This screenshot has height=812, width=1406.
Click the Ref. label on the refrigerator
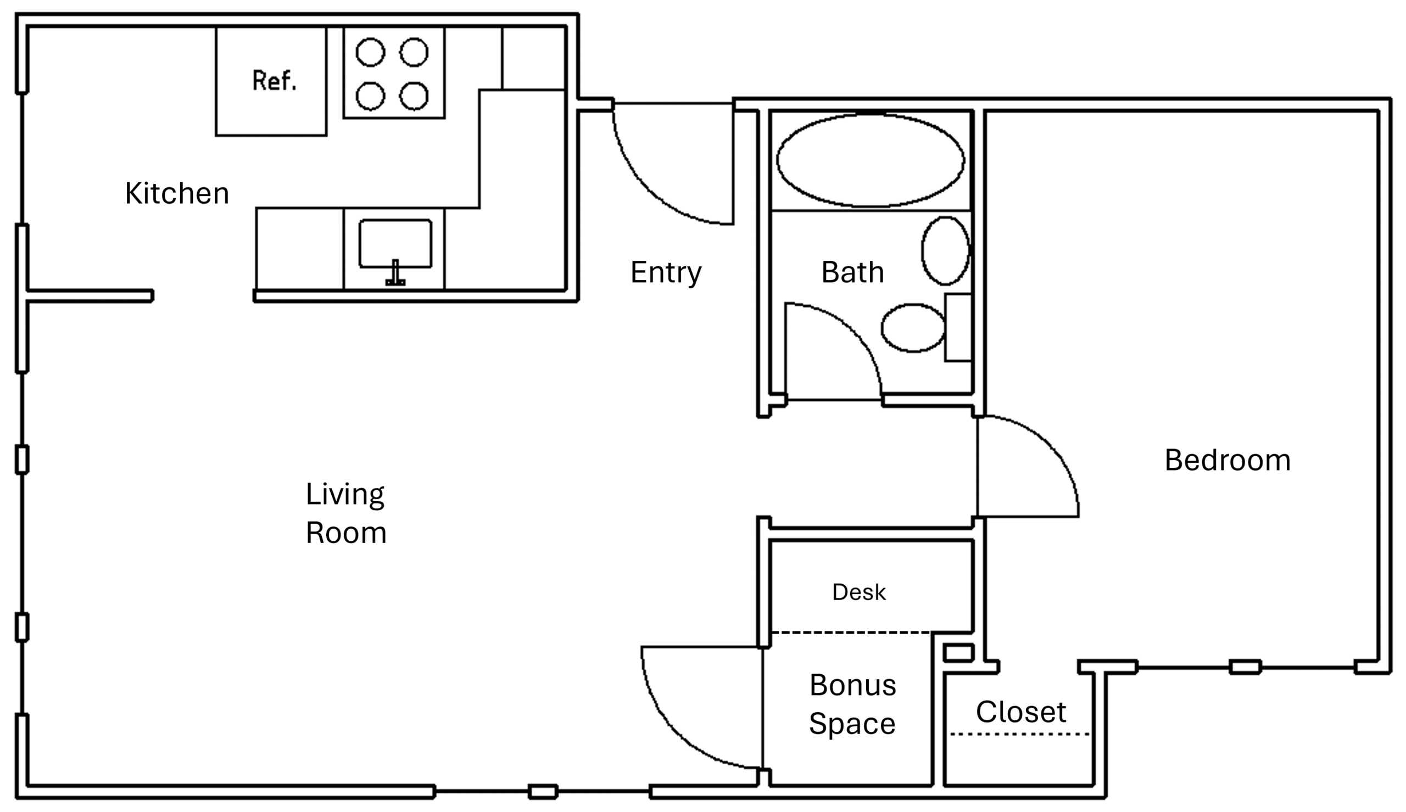pos(275,81)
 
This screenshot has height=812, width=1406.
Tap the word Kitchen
pos(177,193)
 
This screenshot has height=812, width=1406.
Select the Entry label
pos(666,273)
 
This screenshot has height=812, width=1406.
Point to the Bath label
pos(852,273)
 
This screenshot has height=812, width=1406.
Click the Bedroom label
pos(1227,460)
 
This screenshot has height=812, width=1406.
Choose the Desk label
pos(858,592)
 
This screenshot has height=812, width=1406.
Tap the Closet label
pos(1020,712)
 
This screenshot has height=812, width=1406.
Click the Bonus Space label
pos(852,704)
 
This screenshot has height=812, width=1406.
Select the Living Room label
pos(346,513)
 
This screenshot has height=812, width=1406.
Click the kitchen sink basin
pos(395,244)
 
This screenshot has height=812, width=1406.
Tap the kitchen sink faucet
pos(395,273)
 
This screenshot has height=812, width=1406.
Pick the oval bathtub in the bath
pos(870,161)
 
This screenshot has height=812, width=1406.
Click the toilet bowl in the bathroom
pos(912,328)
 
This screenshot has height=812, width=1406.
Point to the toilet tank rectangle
pos(958,327)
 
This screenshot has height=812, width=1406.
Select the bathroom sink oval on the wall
pos(945,251)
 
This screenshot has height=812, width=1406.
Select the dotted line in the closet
pos(1019,734)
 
